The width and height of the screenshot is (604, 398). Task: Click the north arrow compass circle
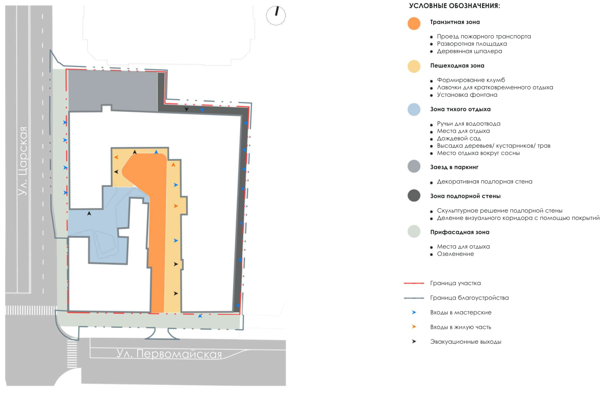pos(276,15)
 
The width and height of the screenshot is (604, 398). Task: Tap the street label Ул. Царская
pos(23,161)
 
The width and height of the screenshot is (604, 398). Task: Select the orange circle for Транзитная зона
pos(414,23)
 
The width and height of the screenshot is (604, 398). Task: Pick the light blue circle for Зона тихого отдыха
pos(414,109)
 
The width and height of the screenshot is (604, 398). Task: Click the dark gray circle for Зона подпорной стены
pos(414,195)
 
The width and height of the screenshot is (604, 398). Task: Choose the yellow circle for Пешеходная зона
pos(414,66)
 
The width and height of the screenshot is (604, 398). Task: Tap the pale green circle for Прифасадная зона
pos(414,231)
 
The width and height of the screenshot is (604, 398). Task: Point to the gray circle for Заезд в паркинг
pos(414,167)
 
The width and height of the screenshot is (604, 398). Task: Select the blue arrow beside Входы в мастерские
pos(414,312)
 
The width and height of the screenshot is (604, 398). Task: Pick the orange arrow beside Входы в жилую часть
pos(414,327)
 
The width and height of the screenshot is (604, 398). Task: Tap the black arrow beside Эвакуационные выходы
pos(414,341)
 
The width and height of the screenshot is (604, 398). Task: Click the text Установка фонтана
pos(467,95)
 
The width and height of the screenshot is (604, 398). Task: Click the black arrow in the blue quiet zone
pos(89,213)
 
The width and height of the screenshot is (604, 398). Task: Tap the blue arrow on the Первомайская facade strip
pos(200,316)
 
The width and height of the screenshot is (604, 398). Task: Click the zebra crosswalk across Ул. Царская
pos(30,310)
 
